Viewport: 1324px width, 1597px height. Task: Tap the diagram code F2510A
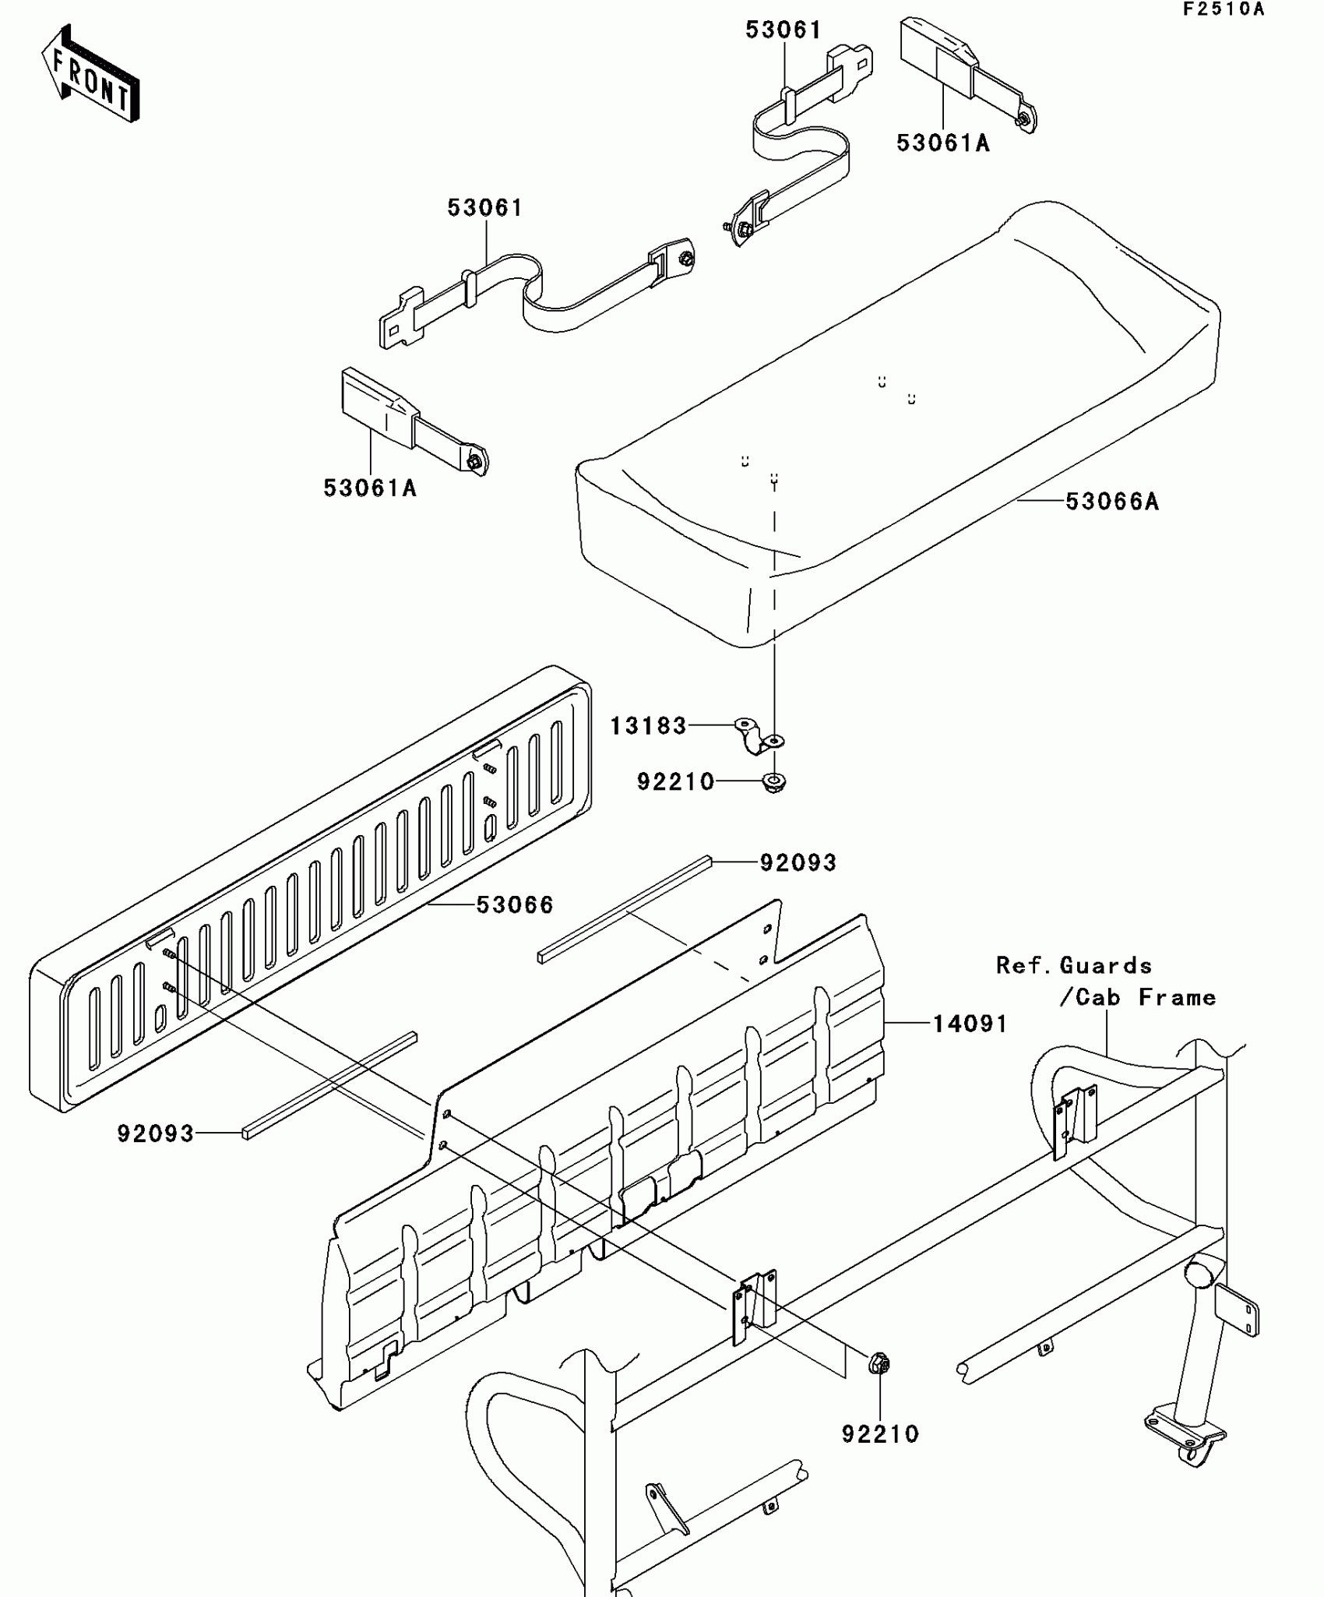point(1224,10)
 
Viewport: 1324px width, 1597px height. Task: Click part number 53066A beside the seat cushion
point(1112,502)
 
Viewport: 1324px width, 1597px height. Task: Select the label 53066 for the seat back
point(515,905)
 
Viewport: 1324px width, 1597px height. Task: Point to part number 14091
point(970,1024)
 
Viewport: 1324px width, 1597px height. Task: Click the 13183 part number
point(648,726)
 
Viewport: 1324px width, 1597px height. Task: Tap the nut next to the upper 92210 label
point(773,782)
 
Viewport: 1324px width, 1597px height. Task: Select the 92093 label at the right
point(798,863)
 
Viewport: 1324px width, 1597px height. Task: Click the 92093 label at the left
point(156,1133)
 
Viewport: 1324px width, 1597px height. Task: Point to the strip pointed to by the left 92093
point(329,1085)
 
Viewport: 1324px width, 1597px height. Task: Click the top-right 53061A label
point(943,143)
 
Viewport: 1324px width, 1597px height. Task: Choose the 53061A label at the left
point(370,488)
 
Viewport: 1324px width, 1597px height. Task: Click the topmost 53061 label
point(783,30)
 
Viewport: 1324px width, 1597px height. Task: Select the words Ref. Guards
point(1074,966)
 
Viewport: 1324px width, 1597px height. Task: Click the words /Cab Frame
point(1137,997)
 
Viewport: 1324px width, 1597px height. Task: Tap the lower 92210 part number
point(880,1434)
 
